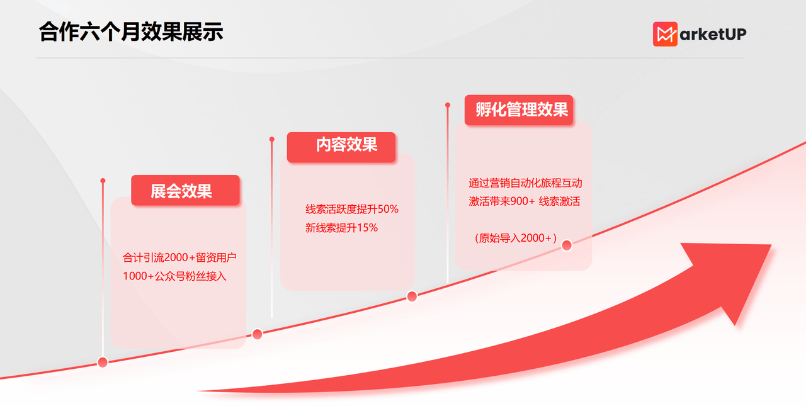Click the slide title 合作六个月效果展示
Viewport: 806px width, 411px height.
pyautogui.click(x=131, y=31)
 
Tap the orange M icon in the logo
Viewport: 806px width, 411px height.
pyautogui.click(x=664, y=34)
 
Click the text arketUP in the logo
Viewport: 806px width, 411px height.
pyautogui.click(x=712, y=35)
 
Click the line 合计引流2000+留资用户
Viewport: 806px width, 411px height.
pyautogui.click(x=179, y=257)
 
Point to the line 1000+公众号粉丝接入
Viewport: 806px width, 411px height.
pyautogui.click(x=174, y=276)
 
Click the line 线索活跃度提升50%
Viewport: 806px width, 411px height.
pyautogui.click(x=351, y=209)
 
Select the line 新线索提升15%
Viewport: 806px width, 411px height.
pyautogui.click(x=341, y=228)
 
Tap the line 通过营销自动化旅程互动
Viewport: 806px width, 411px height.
pyautogui.click(x=525, y=183)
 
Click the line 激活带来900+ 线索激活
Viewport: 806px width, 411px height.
pyautogui.click(x=524, y=201)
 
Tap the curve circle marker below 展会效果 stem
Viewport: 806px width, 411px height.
pyautogui.click(x=103, y=362)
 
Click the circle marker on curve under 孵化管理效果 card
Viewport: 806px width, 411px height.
pyautogui.click(x=566, y=245)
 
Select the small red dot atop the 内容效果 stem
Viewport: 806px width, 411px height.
pyautogui.click(x=272, y=139)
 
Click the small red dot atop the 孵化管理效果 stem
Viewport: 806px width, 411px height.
pyautogui.click(x=448, y=105)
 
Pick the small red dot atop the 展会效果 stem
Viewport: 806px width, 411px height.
pyautogui.click(x=103, y=181)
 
